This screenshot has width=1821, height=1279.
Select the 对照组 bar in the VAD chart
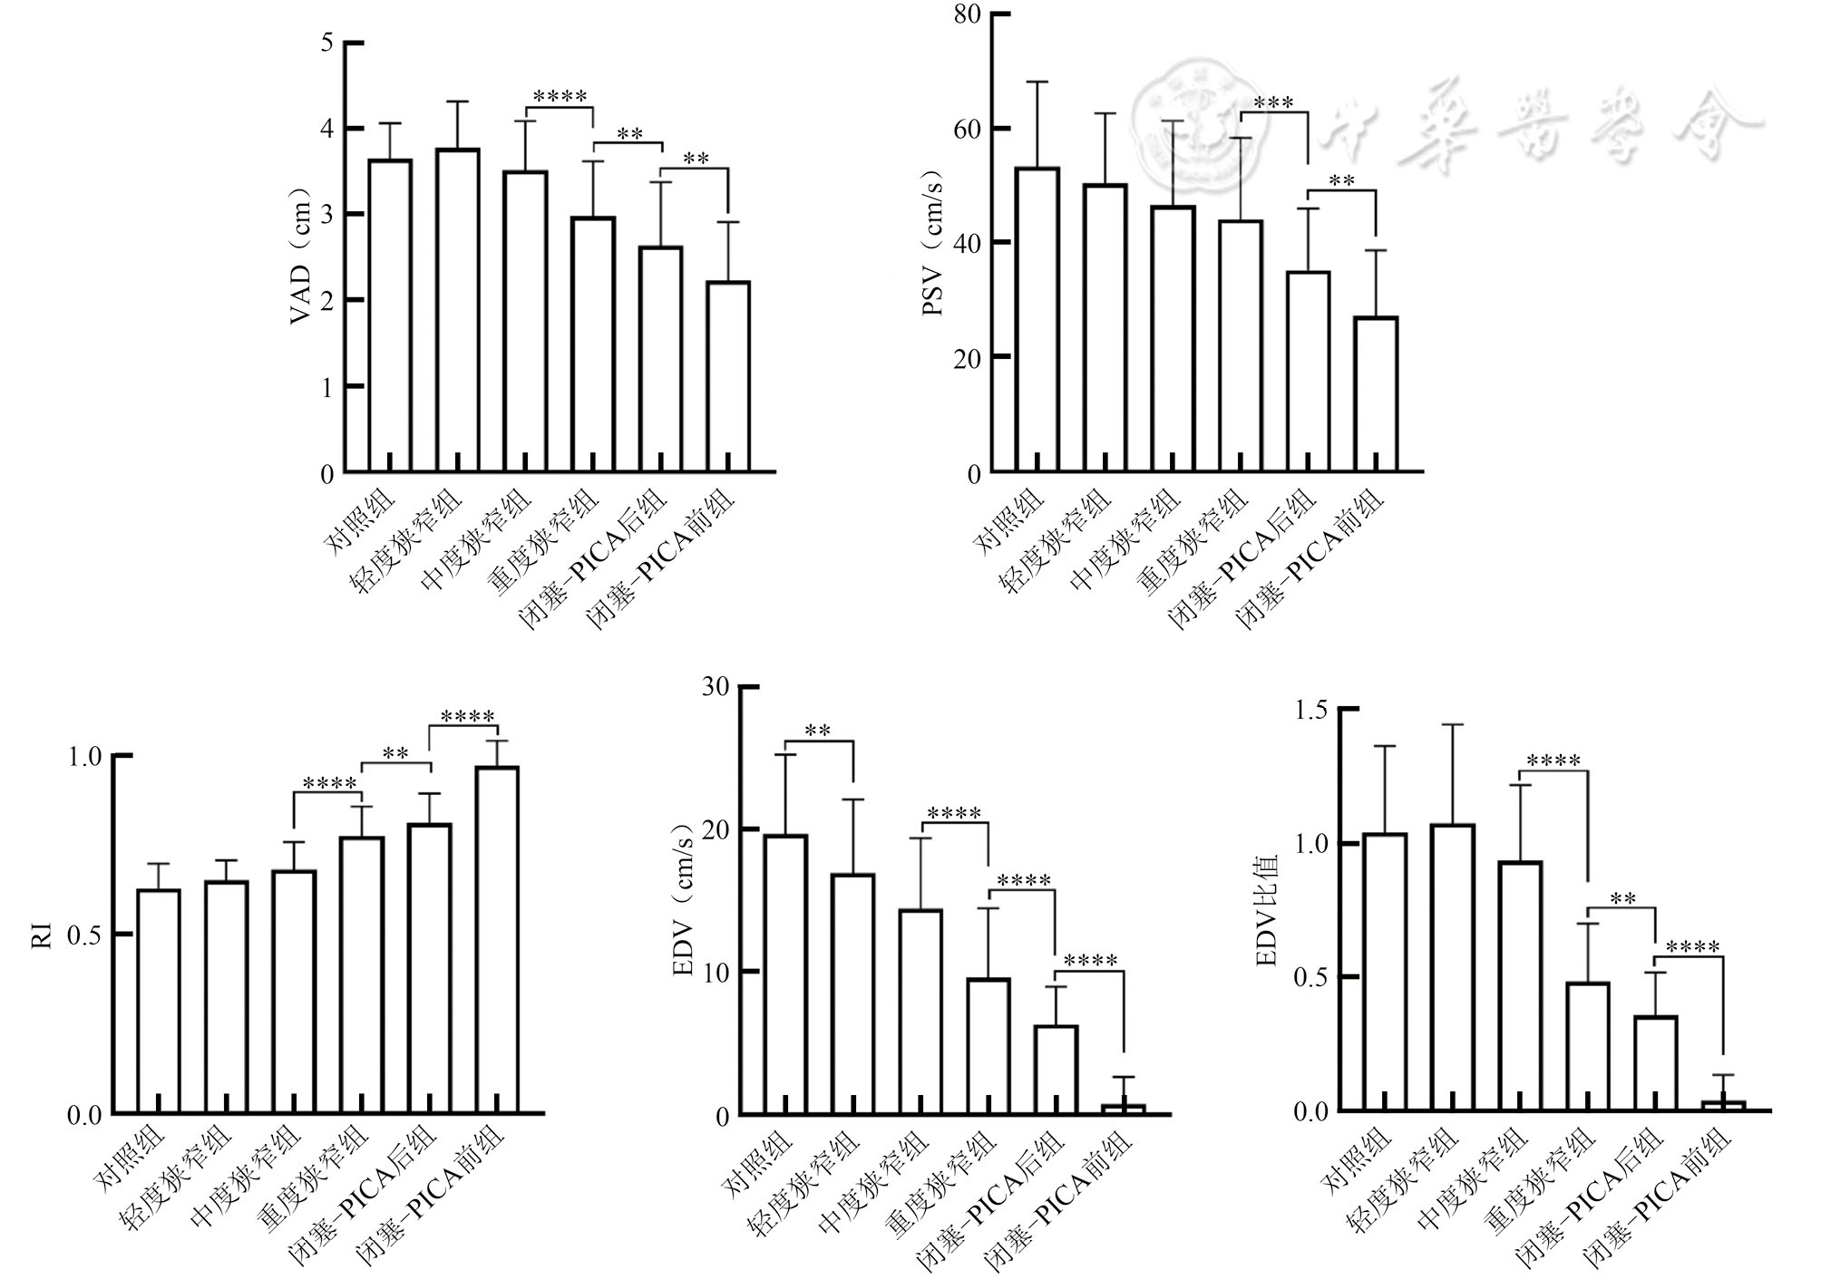[x=390, y=315]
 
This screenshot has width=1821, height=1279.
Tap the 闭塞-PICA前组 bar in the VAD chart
[x=728, y=376]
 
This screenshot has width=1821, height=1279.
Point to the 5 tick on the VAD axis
[x=327, y=43]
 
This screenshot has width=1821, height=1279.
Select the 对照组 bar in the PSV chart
[x=1037, y=319]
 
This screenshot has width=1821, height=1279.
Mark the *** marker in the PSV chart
[x=1273, y=102]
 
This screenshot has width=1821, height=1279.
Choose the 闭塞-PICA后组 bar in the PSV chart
[x=1308, y=372]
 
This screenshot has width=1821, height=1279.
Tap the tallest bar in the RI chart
[x=497, y=939]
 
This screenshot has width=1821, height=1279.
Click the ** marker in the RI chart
[x=395, y=752]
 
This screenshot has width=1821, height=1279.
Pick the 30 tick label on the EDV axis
[x=716, y=686]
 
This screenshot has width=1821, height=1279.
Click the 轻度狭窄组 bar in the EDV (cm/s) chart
[x=853, y=993]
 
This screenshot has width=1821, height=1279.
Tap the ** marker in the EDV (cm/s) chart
[x=818, y=731]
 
